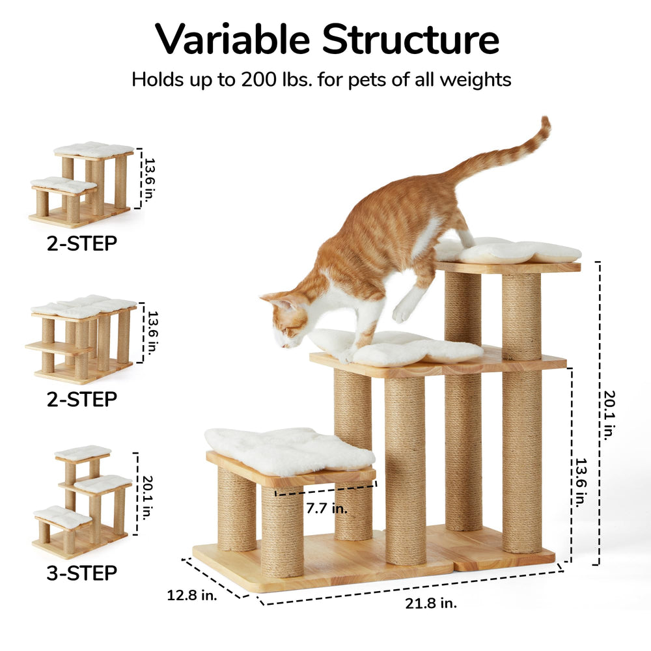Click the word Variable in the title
click(x=232, y=39)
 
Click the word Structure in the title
click(x=411, y=39)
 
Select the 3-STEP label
click(x=82, y=573)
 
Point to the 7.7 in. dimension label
click(x=327, y=508)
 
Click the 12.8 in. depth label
click(x=192, y=595)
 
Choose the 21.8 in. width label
click(x=431, y=603)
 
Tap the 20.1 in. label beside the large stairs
click(x=609, y=415)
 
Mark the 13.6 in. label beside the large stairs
click(x=581, y=482)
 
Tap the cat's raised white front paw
click(x=400, y=314)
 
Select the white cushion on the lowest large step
click(x=289, y=451)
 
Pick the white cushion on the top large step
click(x=508, y=250)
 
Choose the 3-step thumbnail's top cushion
click(x=83, y=452)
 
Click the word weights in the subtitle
click(x=475, y=79)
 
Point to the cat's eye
click(x=286, y=331)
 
